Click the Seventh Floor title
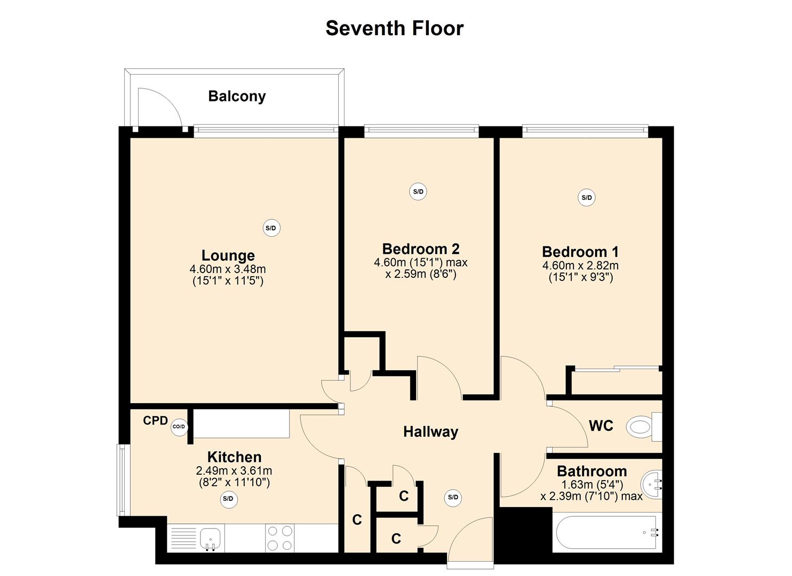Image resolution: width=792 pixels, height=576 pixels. pos(395,28)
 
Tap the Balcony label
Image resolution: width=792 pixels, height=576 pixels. pos(237,97)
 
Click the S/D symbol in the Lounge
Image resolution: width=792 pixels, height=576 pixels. pos(271,228)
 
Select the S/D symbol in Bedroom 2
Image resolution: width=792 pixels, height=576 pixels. pos(418,192)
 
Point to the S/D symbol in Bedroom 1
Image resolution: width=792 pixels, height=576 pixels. pos(587,198)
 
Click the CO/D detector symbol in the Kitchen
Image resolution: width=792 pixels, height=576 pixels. pos(179,427)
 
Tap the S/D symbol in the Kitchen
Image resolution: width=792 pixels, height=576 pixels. pos(228,499)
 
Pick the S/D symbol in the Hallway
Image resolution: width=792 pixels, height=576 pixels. pos(453,498)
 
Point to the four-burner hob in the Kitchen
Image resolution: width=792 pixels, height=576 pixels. pos(280,538)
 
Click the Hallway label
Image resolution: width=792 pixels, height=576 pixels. pos(430,432)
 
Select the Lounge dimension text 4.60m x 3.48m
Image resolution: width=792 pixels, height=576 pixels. pos(228,269)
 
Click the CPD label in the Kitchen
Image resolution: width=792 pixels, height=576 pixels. pos(155,421)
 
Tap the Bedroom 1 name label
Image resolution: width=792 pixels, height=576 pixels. pos(580,252)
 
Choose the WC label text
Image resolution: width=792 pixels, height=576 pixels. pos(601,426)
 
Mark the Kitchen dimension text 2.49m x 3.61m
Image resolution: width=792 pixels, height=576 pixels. pos(234,471)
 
